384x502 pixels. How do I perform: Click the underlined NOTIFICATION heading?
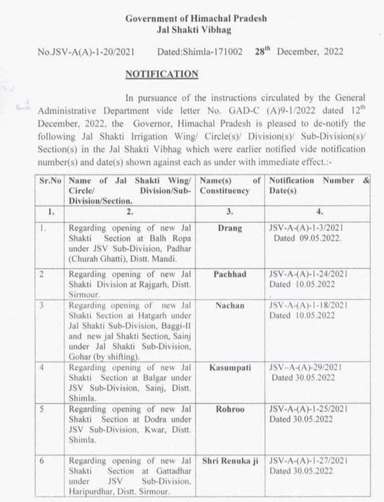(x=161, y=74)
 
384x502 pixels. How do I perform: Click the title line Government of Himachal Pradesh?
(x=195, y=18)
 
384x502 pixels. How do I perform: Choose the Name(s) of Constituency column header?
(x=230, y=185)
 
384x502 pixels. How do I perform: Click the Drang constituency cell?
(x=230, y=228)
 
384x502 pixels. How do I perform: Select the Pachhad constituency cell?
(x=230, y=274)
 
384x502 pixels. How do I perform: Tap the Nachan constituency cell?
(x=230, y=305)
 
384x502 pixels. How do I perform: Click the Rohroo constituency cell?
(x=230, y=408)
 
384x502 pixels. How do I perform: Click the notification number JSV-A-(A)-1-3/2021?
(x=306, y=228)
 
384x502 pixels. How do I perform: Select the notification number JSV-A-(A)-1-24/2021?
(x=308, y=274)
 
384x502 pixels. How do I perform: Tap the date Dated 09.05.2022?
(x=307, y=238)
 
